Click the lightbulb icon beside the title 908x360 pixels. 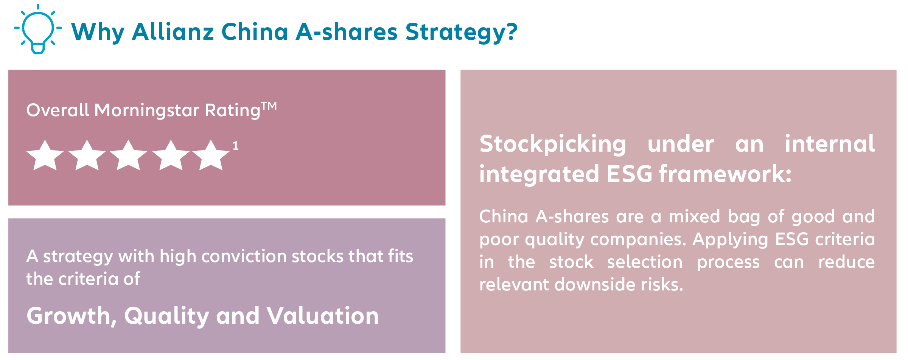click(38, 29)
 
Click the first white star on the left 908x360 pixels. click(45, 156)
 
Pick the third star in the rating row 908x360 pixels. click(128, 156)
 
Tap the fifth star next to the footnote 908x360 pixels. click(211, 156)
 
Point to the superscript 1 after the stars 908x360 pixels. click(235, 146)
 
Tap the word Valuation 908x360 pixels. click(322, 316)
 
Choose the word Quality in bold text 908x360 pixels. click(166, 316)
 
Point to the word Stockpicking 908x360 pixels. click(552, 144)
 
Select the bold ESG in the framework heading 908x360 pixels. click(629, 174)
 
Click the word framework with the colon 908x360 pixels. click(725, 174)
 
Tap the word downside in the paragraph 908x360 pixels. click(594, 284)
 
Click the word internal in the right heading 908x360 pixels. click(829, 144)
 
